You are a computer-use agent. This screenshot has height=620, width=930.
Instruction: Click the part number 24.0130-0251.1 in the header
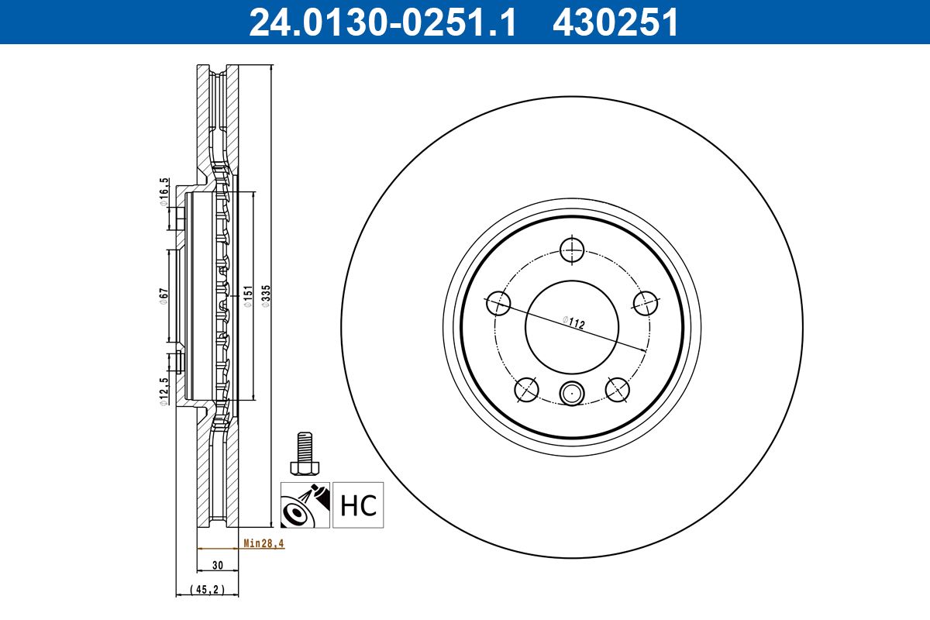click(381, 22)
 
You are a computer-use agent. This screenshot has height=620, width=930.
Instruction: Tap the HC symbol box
click(358, 505)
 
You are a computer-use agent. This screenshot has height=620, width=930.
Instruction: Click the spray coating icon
click(305, 505)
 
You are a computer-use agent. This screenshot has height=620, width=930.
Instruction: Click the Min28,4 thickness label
click(263, 544)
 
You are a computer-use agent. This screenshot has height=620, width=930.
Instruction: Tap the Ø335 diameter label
click(265, 297)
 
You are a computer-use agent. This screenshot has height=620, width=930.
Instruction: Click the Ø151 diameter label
click(247, 297)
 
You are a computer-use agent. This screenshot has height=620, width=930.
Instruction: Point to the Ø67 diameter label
click(164, 296)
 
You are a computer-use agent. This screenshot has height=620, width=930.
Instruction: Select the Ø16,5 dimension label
click(164, 191)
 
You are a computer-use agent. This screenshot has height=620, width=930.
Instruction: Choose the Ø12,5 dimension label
click(164, 392)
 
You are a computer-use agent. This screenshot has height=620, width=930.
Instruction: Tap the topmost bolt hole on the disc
click(572, 250)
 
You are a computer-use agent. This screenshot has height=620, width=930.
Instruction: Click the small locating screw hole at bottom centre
click(572, 394)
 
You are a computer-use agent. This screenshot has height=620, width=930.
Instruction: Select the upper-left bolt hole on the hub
click(498, 303)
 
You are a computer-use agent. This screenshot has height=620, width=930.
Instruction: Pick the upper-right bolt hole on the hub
click(646, 303)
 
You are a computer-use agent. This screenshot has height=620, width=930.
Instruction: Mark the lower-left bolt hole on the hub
click(526, 389)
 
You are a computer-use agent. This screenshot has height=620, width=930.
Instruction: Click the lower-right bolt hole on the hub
click(617, 389)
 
